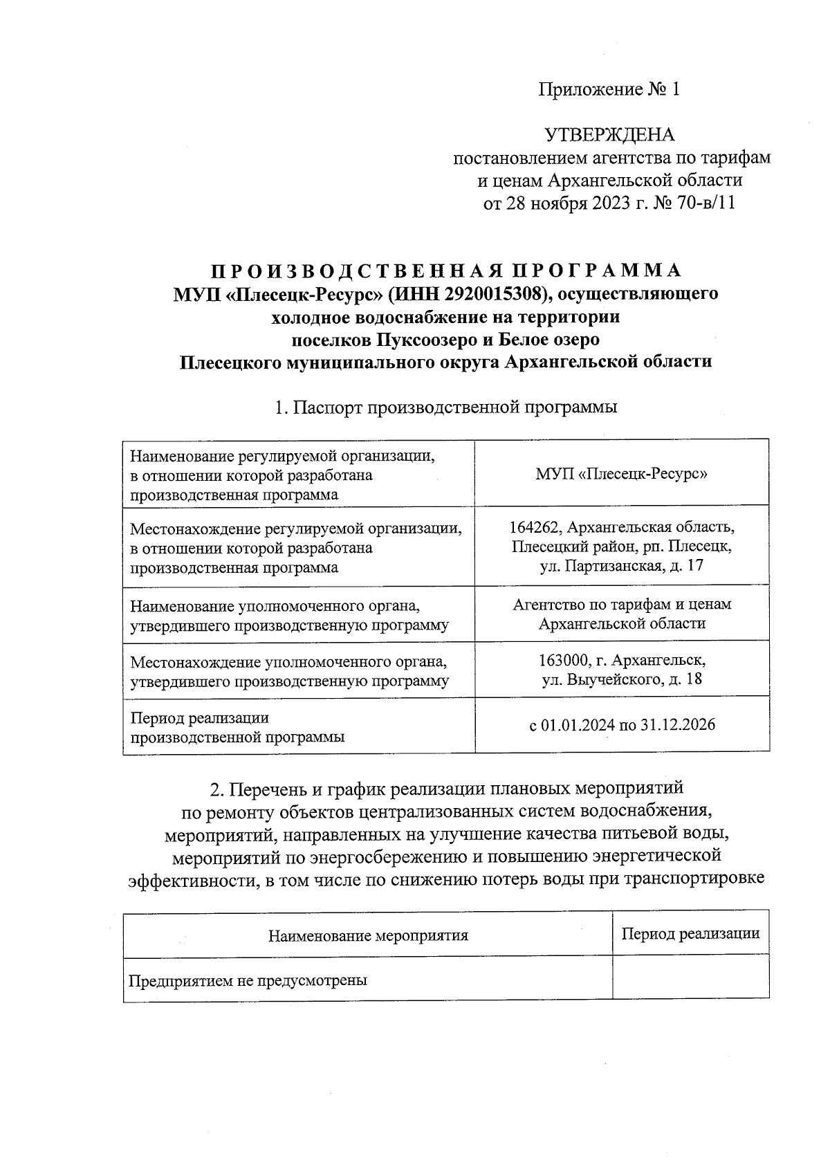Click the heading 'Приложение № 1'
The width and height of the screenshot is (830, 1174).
point(609,89)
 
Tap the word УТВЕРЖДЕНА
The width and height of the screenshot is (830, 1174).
point(609,134)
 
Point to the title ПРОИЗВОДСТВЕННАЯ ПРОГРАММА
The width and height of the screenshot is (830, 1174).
point(445,270)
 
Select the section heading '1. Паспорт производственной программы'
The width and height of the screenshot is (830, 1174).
point(445,407)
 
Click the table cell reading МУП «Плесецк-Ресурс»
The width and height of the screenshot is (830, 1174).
point(621,475)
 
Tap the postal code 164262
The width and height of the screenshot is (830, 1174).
point(534,527)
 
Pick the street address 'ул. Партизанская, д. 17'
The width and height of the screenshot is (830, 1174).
point(621,567)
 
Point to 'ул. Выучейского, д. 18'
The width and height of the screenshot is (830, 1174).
point(621,679)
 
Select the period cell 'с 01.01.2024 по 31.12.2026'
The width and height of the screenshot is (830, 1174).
point(621,725)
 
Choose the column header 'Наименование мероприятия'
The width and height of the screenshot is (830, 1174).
point(368,936)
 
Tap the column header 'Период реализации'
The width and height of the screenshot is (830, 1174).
point(690,933)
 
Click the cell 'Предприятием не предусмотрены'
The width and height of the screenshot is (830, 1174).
point(248,980)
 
